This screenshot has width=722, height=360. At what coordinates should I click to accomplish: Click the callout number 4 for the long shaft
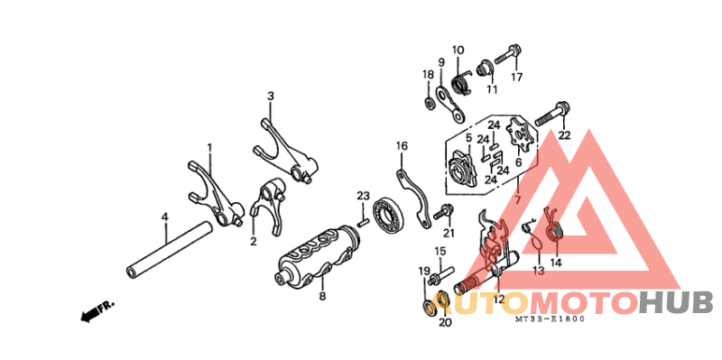(x=164, y=217)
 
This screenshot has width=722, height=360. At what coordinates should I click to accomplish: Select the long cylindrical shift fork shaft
(x=170, y=250)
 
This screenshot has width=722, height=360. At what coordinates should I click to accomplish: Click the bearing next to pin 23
(x=389, y=215)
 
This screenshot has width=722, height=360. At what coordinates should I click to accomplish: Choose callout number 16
(x=402, y=146)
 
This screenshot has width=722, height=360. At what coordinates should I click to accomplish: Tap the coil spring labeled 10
(x=460, y=81)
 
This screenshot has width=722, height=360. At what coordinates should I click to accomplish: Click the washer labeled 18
(x=430, y=103)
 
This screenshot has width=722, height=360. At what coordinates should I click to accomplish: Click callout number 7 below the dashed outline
(x=517, y=200)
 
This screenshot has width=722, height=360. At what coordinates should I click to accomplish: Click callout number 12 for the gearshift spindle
(x=499, y=300)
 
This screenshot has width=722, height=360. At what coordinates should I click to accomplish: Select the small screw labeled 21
(x=442, y=213)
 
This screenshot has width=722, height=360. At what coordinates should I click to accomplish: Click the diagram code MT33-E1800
(x=550, y=318)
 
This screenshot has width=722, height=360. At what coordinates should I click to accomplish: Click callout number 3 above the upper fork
(x=271, y=97)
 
